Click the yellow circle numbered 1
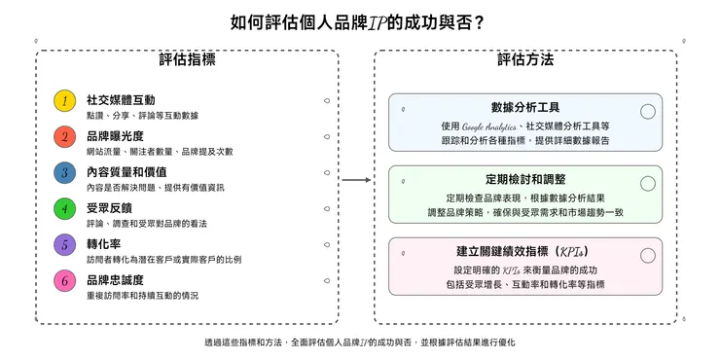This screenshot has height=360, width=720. click(64, 101)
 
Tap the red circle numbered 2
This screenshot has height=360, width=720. click(64, 137)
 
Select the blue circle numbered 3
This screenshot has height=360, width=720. click(64, 173)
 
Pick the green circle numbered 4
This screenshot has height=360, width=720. click(64, 209)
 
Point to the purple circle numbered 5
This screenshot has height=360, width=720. click(64, 245)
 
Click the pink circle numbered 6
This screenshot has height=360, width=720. click(64, 281)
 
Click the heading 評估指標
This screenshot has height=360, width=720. click(187, 61)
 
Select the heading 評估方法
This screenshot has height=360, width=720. click(525, 61)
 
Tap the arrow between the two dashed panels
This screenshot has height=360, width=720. click(356, 180)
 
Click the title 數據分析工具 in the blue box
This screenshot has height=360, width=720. click(525, 107)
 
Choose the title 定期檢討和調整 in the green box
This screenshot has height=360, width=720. click(525, 180)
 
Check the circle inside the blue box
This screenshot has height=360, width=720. click(648, 112)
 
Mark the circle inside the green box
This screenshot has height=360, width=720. click(648, 184)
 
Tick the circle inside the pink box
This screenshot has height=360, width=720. click(648, 256)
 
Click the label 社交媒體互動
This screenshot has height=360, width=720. click(121, 99)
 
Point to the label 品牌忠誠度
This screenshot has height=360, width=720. click(115, 279)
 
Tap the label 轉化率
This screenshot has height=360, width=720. click(103, 243)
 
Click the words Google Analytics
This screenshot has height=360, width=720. click(490, 126)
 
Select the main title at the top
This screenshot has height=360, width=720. click(359, 21)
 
